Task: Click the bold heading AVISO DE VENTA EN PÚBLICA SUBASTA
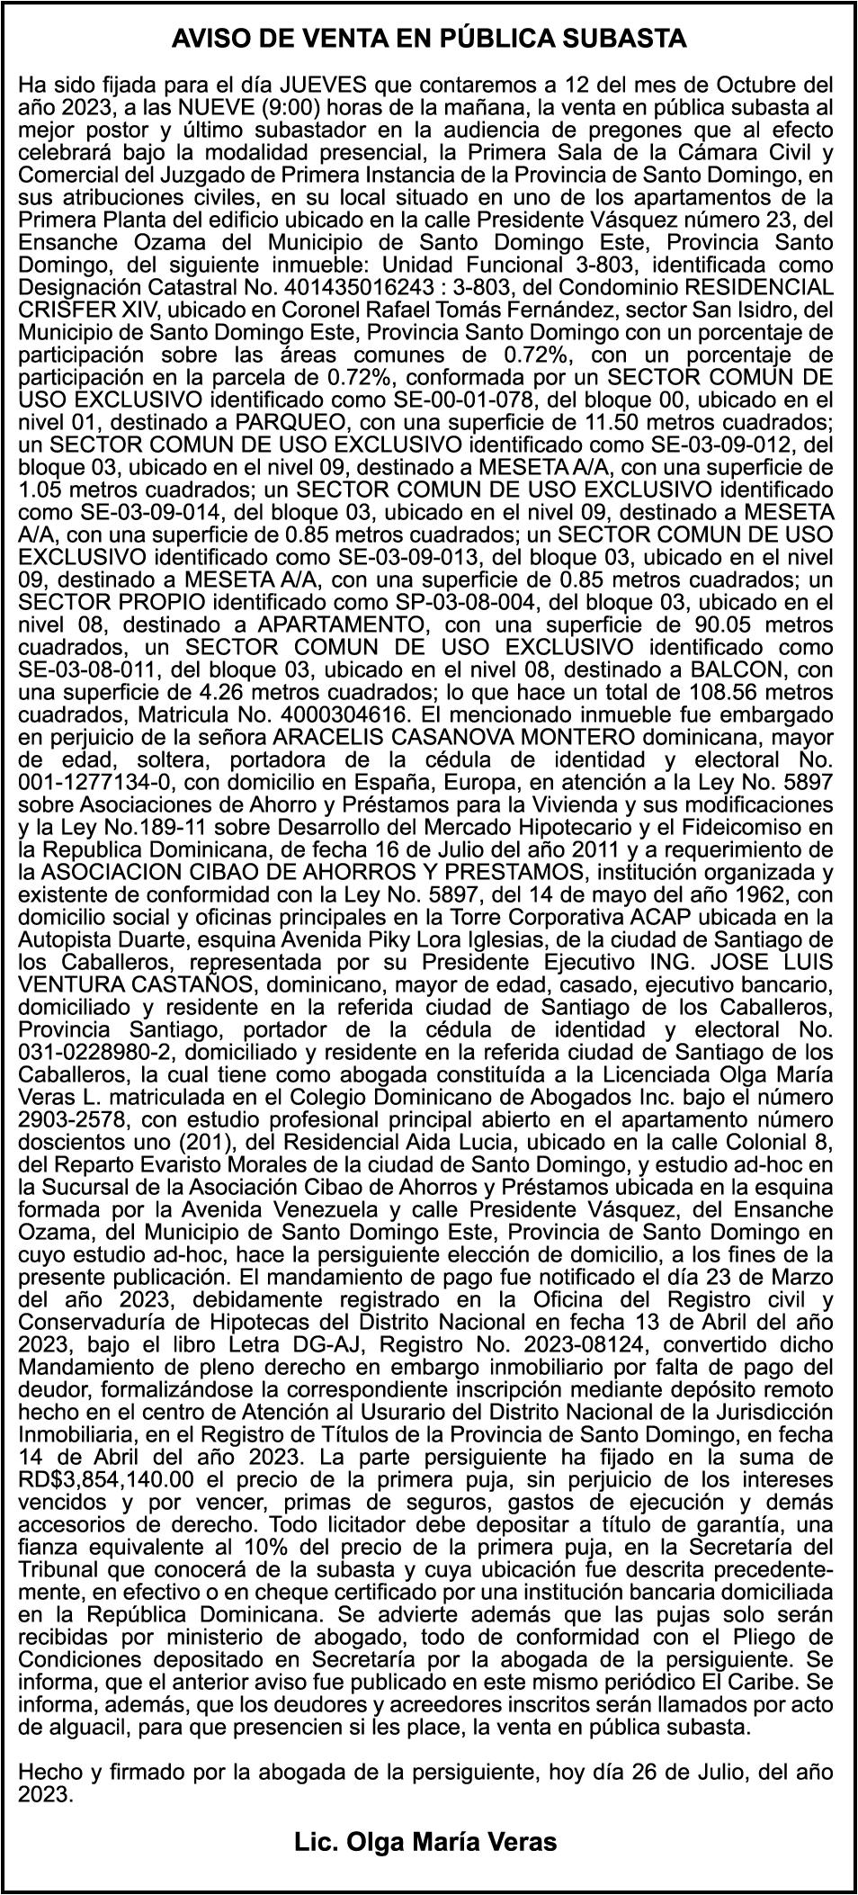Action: [x=429, y=39]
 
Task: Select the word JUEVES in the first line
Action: [x=323, y=86]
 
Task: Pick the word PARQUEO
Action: [x=265, y=424]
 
